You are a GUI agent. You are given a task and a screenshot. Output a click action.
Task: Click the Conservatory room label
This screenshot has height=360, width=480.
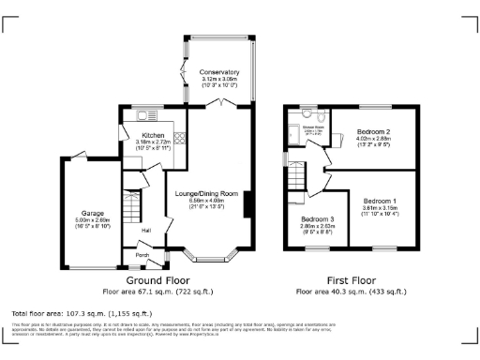(218, 72)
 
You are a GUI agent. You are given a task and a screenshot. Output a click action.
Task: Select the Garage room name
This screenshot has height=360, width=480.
(91, 213)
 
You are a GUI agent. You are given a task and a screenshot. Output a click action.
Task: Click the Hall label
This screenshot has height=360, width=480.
(146, 230)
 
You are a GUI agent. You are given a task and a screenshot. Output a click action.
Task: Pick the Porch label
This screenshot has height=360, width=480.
(142, 254)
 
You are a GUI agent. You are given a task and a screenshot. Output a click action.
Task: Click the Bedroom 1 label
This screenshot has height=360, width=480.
(380, 202)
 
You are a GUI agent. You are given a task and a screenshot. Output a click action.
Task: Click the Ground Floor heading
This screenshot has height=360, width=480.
(157, 279)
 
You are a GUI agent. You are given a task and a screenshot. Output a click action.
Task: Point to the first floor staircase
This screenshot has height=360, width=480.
(298, 174)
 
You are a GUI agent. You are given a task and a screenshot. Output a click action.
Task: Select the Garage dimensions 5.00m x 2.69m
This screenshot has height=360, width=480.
(91, 221)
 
